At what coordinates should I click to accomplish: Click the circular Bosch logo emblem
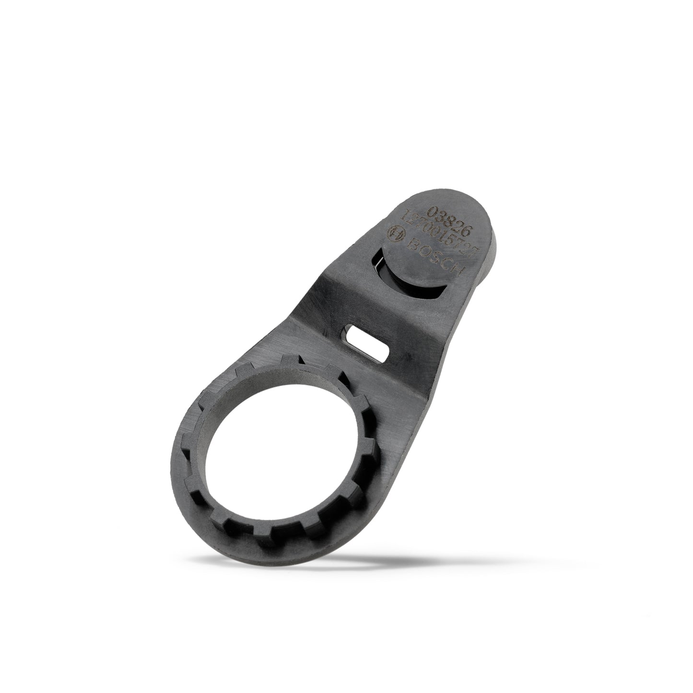tap(396, 232)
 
